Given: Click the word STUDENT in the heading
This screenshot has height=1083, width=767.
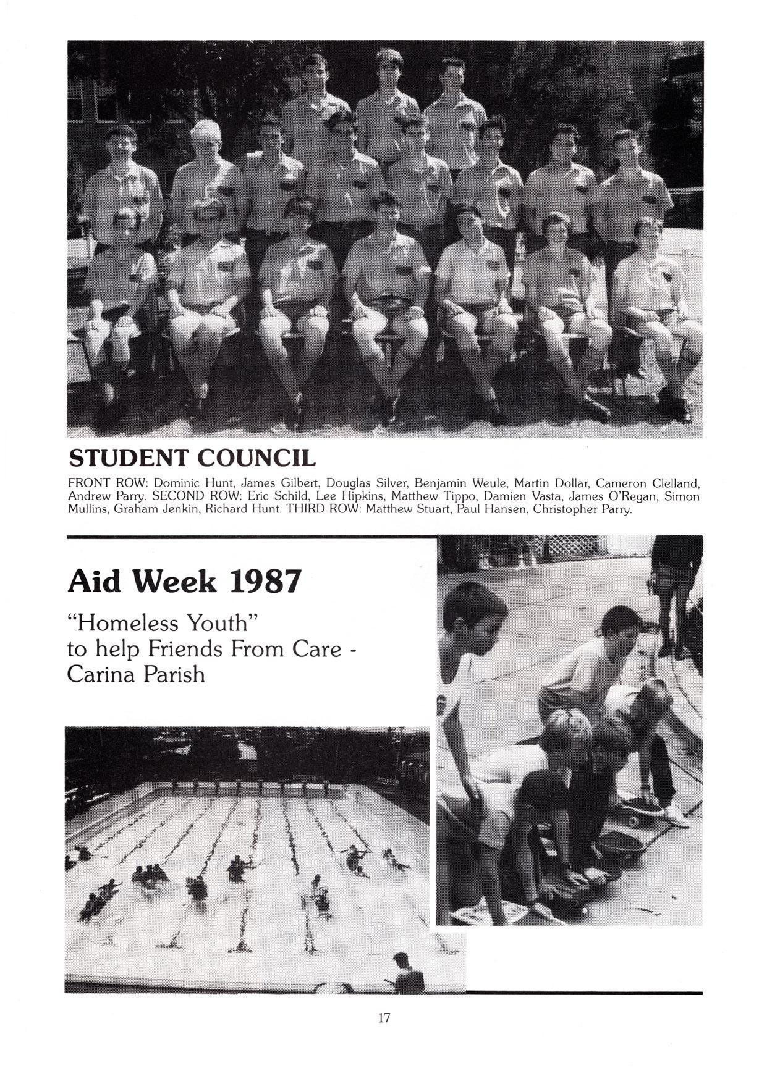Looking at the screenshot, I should (127, 458).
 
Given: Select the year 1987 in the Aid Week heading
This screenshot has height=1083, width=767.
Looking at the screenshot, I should (265, 581).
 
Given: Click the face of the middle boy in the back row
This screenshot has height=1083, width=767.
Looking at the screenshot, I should (389, 70).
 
